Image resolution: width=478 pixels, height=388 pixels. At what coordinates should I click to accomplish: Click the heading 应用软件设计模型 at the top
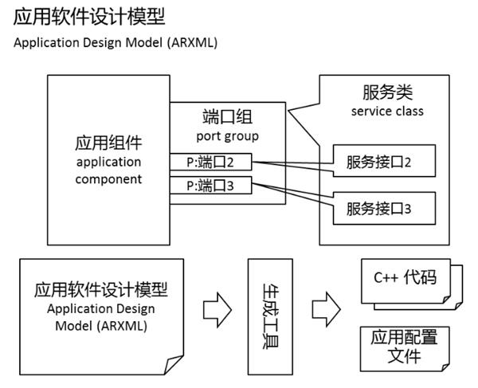89,16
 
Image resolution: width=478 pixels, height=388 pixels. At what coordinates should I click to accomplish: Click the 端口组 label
225,118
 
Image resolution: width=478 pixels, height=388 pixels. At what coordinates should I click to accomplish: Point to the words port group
225,135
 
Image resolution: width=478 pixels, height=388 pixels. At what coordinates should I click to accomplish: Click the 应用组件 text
108,143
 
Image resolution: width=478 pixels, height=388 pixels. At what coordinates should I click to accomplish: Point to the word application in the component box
108,162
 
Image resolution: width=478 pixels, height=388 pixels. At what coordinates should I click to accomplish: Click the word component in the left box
108,178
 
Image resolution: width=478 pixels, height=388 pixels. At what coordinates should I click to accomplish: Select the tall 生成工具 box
272,315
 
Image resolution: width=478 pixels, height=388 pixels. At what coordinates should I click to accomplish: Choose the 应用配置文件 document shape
405,346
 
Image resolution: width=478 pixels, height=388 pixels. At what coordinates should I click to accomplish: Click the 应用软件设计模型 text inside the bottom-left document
100,289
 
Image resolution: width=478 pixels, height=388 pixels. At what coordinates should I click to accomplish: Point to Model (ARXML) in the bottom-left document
100,326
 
